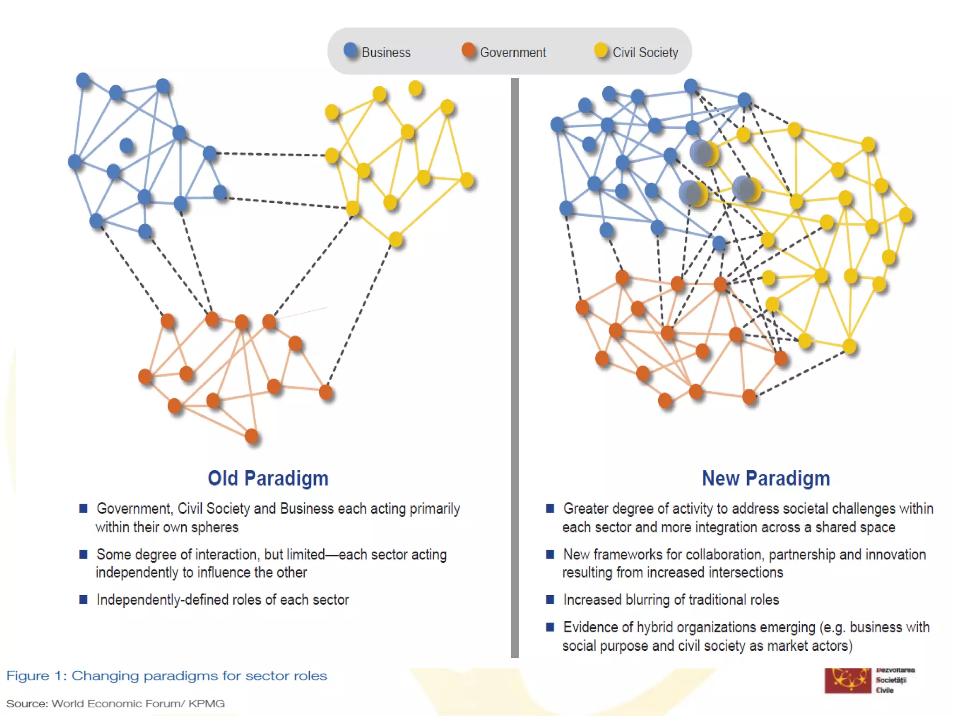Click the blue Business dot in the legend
pos(351,50)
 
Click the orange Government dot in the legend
pos(468,50)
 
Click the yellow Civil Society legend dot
pos(601,50)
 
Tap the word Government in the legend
pos(513,53)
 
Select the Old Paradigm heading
pos(268,478)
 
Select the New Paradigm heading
pos(766,478)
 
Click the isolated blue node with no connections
pos(126,146)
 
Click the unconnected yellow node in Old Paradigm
pos(415,88)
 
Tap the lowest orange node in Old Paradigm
pos(252,436)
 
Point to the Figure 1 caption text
pos(166,676)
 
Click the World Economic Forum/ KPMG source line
pos(115,703)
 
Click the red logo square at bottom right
pos(847,681)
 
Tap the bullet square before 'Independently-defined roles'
pos(83,599)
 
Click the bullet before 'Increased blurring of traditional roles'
pos(550,599)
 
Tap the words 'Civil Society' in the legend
pos(645,53)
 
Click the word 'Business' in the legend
pos(386,53)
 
